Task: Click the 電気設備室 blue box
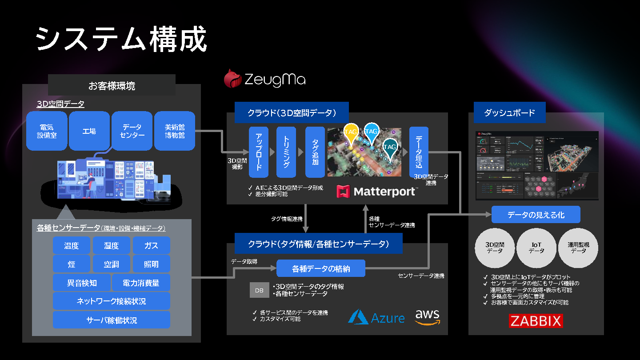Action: click(47, 131)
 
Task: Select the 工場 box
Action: click(89, 131)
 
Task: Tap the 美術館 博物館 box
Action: click(175, 131)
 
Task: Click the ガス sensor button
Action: click(151, 245)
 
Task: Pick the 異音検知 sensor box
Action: click(82, 283)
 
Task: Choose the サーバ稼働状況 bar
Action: click(112, 320)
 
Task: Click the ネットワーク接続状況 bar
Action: click(112, 301)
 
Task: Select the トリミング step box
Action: click(286, 152)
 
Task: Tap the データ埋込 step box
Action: click(419, 152)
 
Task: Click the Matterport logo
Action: click(377, 192)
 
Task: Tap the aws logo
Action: click(427, 317)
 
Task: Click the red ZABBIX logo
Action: click(536, 321)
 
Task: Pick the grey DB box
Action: click(259, 290)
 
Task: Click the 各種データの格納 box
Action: click(321, 268)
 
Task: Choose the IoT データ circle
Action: click(536, 248)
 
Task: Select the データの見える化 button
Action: click(536, 215)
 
